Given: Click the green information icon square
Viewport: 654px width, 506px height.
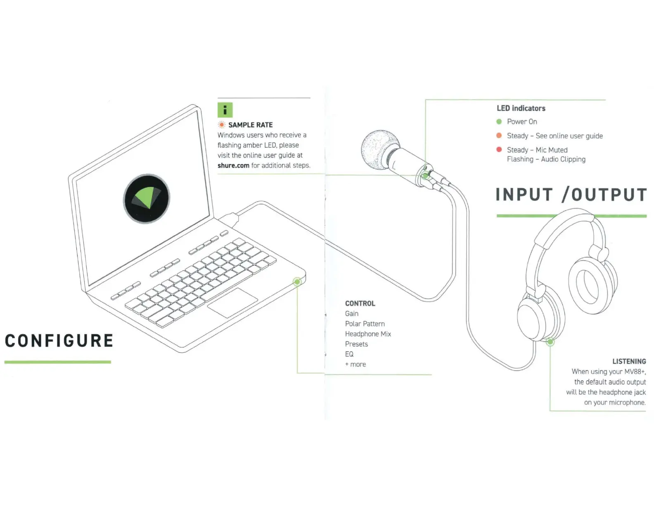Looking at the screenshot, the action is pyautogui.click(x=225, y=110).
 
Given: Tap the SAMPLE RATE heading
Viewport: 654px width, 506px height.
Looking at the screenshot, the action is pyautogui.click(x=250, y=125).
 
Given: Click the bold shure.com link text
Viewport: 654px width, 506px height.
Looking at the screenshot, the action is pyautogui.click(x=233, y=165).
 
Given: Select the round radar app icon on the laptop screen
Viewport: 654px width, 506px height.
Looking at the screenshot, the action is pyautogui.click(x=147, y=198).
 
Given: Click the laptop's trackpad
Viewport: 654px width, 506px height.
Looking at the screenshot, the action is pyautogui.click(x=232, y=303).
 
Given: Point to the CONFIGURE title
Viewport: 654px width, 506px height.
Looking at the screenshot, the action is pyautogui.click(x=59, y=341).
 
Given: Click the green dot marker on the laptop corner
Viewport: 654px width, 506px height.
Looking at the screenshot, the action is pyautogui.click(x=297, y=282).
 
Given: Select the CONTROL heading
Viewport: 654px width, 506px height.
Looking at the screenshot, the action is pyautogui.click(x=360, y=303).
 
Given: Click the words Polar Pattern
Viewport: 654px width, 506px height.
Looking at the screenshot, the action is pyautogui.click(x=365, y=324).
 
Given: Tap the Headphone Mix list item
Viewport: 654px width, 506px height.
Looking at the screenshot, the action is pyautogui.click(x=368, y=334).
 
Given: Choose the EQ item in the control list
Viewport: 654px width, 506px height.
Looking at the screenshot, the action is pyautogui.click(x=349, y=354).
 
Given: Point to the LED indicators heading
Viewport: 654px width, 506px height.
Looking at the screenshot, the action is pyautogui.click(x=521, y=108).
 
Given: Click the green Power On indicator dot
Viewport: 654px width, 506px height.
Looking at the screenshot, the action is pyautogui.click(x=499, y=122).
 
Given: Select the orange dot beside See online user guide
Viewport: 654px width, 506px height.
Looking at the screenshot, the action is pyautogui.click(x=499, y=136).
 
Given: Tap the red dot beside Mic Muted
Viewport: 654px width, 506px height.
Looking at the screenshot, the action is pyautogui.click(x=499, y=150).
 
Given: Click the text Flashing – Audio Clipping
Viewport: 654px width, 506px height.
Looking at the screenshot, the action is pyautogui.click(x=546, y=160).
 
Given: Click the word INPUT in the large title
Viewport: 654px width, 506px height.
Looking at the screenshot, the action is pyautogui.click(x=524, y=195).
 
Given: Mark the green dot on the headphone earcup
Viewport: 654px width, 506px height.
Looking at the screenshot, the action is pyautogui.click(x=550, y=342).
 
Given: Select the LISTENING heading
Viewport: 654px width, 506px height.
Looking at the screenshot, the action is pyautogui.click(x=629, y=361).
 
